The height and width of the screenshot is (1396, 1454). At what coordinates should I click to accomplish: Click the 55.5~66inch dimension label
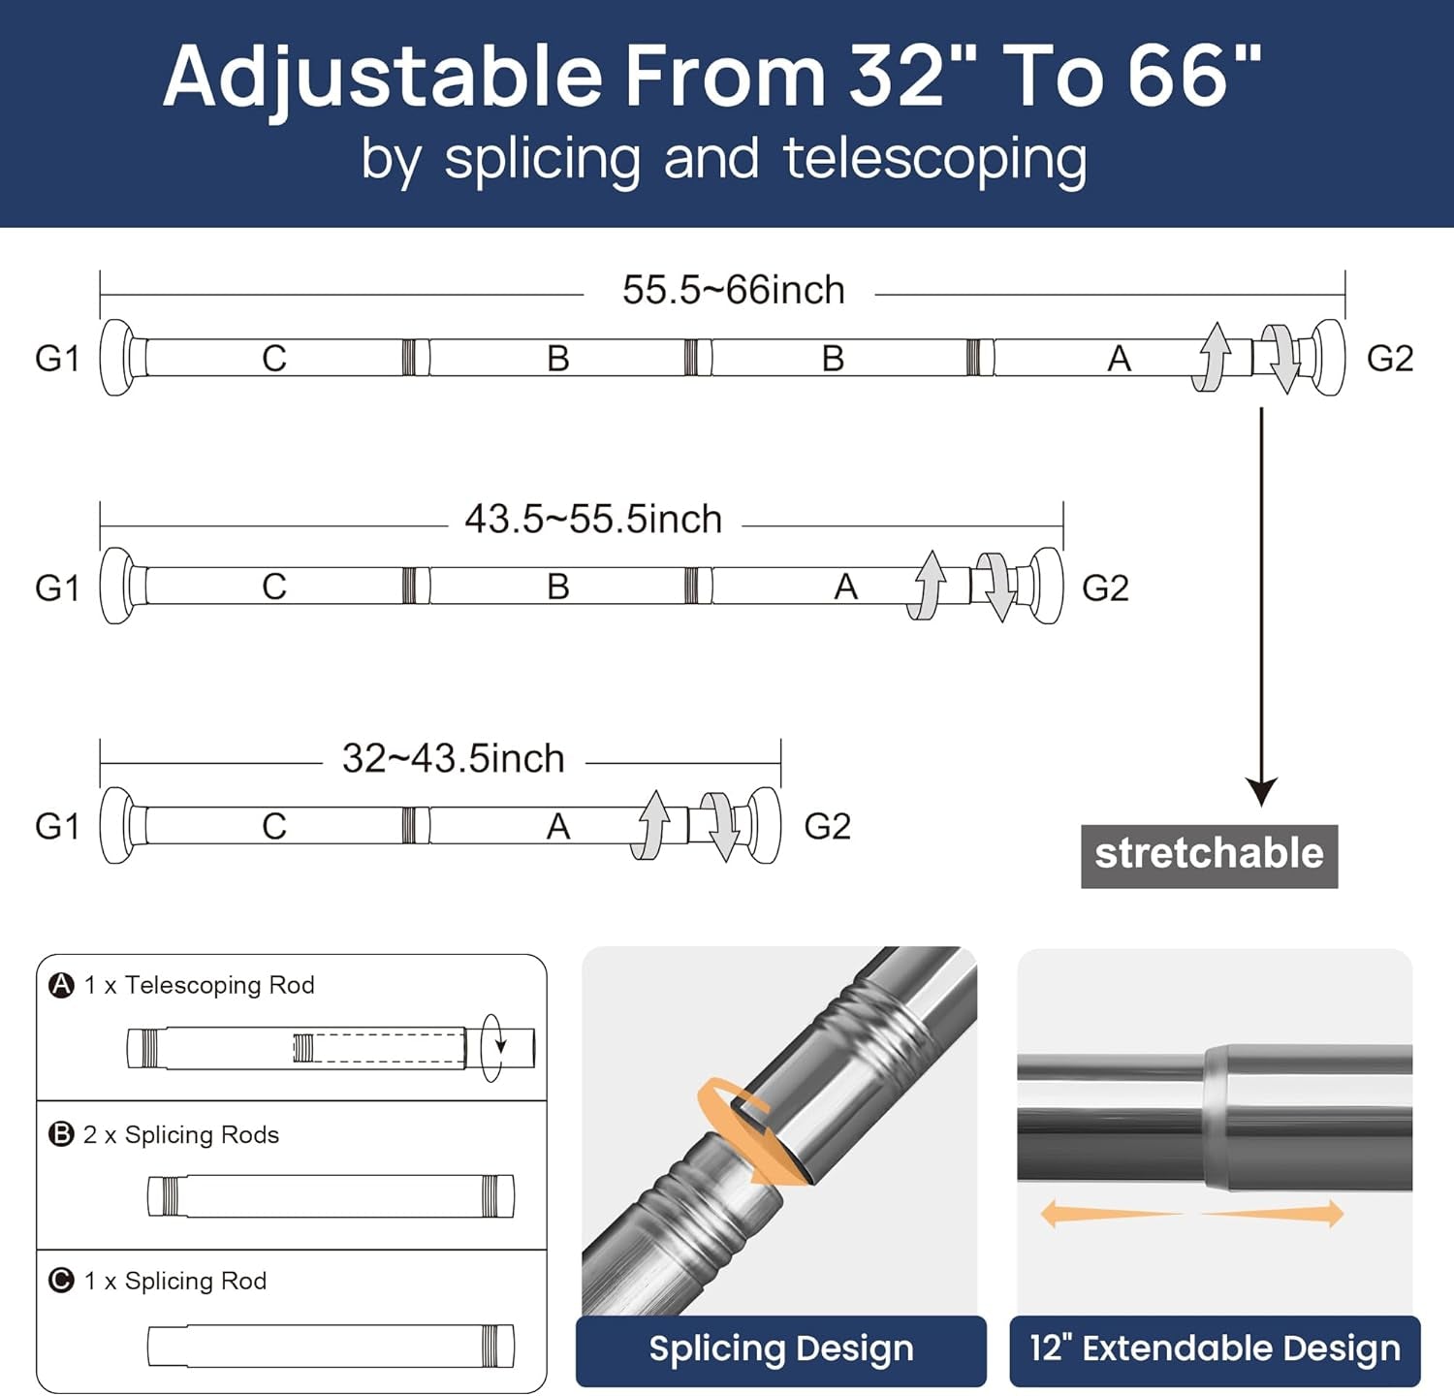(x=734, y=290)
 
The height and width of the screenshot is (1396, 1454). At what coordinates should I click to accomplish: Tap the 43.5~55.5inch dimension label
(x=593, y=520)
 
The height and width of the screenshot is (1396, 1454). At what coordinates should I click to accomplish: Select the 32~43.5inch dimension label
(x=454, y=758)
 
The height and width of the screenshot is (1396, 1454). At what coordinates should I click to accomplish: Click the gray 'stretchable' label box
(x=1210, y=856)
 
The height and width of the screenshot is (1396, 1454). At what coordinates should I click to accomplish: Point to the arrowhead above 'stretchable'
(x=1261, y=792)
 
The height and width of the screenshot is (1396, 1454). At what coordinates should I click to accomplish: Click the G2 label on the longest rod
(x=1390, y=359)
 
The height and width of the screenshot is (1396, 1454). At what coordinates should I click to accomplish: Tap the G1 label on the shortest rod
(x=57, y=826)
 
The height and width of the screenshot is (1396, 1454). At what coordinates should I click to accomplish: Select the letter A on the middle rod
(x=846, y=587)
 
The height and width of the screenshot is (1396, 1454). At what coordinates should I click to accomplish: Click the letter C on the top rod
(x=274, y=359)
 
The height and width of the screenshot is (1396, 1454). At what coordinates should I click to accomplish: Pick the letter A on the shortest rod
(x=558, y=826)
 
